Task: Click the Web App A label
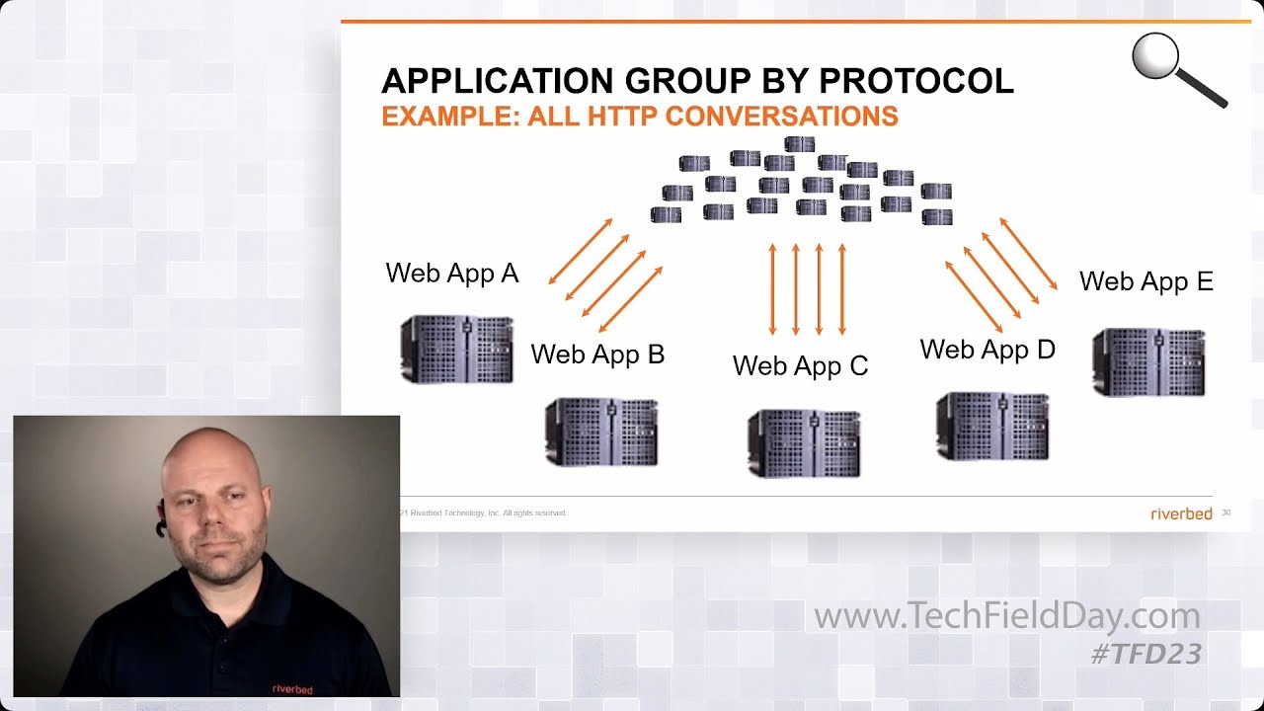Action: tap(451, 274)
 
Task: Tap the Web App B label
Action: tap(597, 355)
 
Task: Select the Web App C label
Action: tap(800, 366)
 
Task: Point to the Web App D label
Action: tap(987, 350)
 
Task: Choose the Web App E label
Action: tap(1145, 281)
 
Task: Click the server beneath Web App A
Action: tap(456, 350)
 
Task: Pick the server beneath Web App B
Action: tap(601, 432)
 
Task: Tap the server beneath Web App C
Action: tap(804, 443)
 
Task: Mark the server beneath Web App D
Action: tap(992, 427)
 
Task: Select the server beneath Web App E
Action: tap(1148, 362)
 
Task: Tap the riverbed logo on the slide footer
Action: tap(1181, 513)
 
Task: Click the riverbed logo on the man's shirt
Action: tap(292, 689)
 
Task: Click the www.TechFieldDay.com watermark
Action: tap(1006, 617)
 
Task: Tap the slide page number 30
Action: tap(1226, 513)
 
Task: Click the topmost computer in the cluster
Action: tap(799, 144)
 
